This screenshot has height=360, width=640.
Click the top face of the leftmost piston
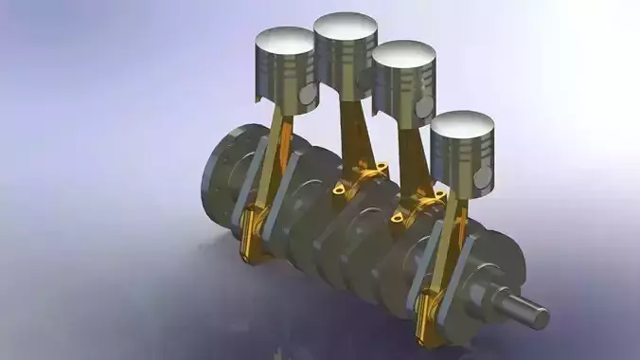[285, 40]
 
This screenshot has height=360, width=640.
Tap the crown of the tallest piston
[346, 26]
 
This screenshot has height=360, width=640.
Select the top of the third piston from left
[404, 53]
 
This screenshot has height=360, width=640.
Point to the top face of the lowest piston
[462, 124]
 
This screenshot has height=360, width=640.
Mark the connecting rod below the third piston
[412, 156]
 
